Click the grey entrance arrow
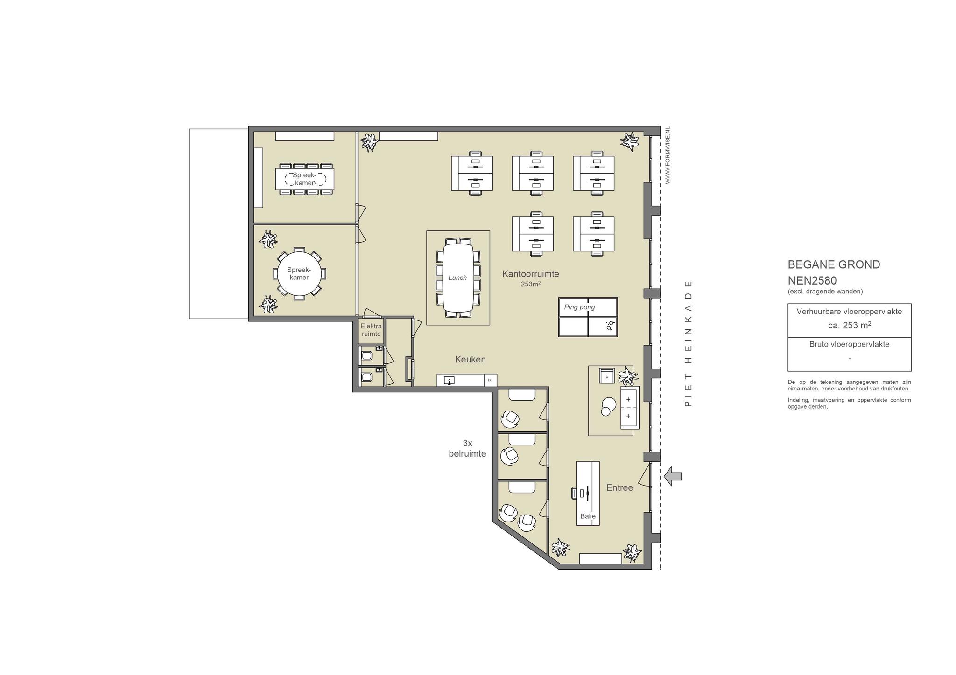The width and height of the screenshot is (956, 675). pyautogui.click(x=673, y=476)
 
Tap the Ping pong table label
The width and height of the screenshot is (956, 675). pyautogui.click(x=579, y=307)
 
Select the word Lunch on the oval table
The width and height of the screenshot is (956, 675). pyautogui.click(x=457, y=278)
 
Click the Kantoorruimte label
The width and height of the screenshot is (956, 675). pyautogui.click(x=531, y=274)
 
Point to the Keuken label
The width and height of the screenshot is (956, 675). pyautogui.click(x=471, y=359)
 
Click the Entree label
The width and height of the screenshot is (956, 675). pyautogui.click(x=619, y=487)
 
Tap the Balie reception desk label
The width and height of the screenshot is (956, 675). pyautogui.click(x=588, y=516)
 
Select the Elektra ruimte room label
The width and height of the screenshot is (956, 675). pyautogui.click(x=371, y=330)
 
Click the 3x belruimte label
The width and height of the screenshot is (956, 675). pyautogui.click(x=467, y=448)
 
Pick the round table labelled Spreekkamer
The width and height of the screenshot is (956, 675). pyautogui.click(x=299, y=274)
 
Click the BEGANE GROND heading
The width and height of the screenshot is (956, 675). pyautogui.click(x=834, y=264)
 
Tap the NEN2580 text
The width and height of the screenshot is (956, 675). pyautogui.click(x=812, y=281)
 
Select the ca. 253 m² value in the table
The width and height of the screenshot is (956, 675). pyautogui.click(x=850, y=325)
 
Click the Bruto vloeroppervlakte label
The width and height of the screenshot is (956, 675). pyautogui.click(x=849, y=344)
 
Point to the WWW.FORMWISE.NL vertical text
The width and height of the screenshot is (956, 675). pyautogui.click(x=668, y=155)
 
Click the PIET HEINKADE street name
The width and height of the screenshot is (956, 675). pyautogui.click(x=688, y=343)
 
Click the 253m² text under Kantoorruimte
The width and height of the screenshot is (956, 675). pyautogui.click(x=531, y=284)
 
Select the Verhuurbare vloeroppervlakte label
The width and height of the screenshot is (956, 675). pyautogui.click(x=849, y=311)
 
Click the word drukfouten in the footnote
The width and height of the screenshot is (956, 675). pyautogui.click(x=893, y=389)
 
